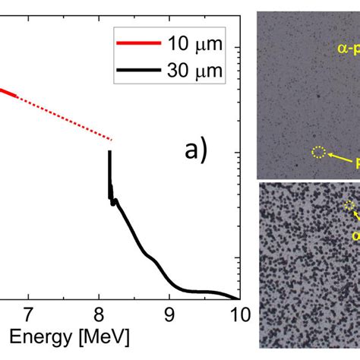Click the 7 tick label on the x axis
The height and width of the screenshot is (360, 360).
28,312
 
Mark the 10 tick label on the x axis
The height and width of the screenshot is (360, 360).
236,312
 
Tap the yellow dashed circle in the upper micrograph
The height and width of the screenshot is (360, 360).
319,153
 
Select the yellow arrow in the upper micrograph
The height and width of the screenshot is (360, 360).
341,158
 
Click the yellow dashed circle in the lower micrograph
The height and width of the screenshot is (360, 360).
349,205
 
